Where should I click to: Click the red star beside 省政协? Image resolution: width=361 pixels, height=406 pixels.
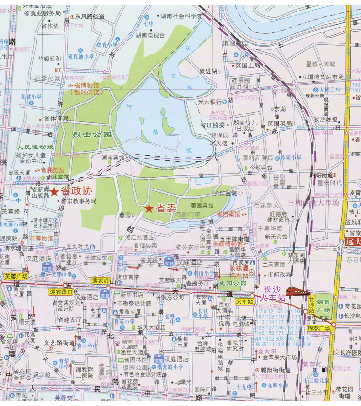pos(54,192)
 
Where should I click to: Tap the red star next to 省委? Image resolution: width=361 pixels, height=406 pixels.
pos(149,209)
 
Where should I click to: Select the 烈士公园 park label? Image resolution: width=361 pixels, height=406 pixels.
pos(92,135)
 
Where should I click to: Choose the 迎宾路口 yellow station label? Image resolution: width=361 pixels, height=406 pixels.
pos(60,291)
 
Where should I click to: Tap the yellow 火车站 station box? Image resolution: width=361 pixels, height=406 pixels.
pos(244,302)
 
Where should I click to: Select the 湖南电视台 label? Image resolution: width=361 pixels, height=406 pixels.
pos(150,35)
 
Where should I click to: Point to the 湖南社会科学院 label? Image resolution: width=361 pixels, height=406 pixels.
pos(181,16)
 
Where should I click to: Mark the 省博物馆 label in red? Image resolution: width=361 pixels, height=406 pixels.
pos(86,85)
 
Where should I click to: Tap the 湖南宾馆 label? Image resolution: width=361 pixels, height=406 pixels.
pos(113,157)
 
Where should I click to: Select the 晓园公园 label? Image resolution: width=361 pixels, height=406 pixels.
pos(233,283)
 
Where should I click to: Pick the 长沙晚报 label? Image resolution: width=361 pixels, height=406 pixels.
pos(324,119)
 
